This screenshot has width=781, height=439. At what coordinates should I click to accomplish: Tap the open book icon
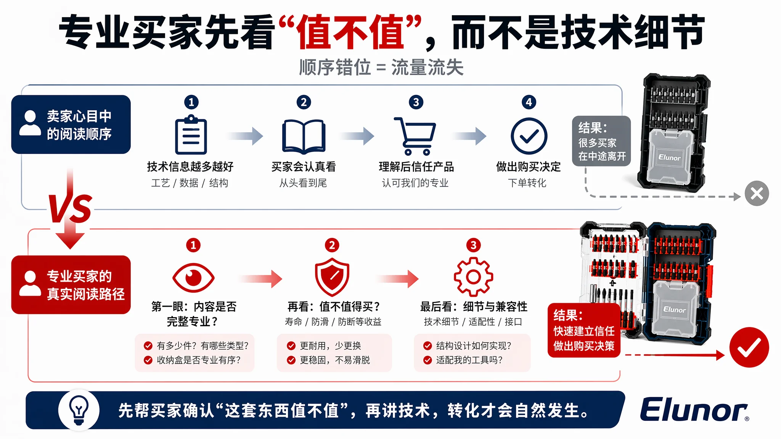(304, 137)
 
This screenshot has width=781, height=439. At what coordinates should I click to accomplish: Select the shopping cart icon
(415, 136)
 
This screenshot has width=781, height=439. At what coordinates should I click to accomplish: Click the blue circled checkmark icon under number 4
(529, 136)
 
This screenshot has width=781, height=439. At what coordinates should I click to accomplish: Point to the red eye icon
(193, 277)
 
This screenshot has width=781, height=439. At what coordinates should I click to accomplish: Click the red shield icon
(332, 277)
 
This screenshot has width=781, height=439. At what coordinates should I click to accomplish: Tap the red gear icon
(473, 277)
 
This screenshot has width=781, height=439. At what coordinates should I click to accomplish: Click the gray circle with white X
(757, 193)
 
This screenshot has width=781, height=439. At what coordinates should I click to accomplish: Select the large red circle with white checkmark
(749, 347)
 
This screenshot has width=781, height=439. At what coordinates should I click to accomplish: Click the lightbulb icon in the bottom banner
(79, 410)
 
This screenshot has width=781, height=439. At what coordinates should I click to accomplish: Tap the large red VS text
(70, 208)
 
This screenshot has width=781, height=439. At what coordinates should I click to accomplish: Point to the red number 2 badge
(332, 245)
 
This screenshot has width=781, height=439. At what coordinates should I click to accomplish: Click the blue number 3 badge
(416, 102)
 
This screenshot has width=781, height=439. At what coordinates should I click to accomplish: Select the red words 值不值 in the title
(350, 32)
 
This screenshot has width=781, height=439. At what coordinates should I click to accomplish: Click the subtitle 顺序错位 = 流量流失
(381, 67)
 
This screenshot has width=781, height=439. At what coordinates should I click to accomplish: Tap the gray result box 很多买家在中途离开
(601, 141)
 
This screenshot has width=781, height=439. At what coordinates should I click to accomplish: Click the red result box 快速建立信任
(584, 330)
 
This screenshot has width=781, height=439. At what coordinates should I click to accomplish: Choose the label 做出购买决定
(528, 167)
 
